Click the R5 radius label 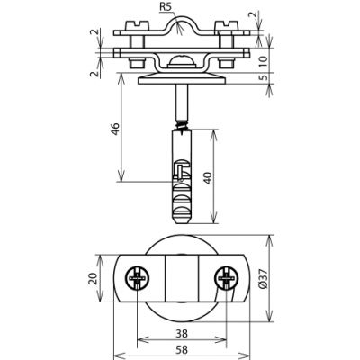point(166,7)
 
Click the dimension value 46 point(116,129)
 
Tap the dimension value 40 point(209,178)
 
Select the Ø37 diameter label point(263,279)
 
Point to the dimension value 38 point(182,333)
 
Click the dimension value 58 point(182,349)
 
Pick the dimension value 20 point(93,278)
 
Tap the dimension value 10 point(263,60)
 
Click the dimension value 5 point(264,77)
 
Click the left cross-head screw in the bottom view point(137,278)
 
